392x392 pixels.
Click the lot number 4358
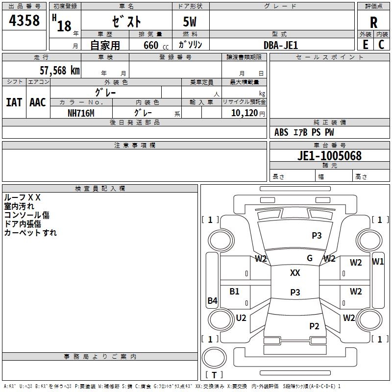tap(24, 21)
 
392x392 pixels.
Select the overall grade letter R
tap(373, 22)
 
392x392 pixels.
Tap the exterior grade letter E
tap(365, 44)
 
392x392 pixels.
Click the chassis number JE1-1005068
tap(330, 156)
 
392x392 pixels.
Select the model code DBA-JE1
tap(281, 45)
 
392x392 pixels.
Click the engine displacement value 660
tap(150, 45)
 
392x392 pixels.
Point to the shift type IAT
tap(14, 102)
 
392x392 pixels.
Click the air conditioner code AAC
tap(38, 102)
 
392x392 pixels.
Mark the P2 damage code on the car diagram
tap(314, 326)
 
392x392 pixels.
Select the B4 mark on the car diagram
tap(212, 301)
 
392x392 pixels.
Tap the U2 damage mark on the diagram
tap(241, 318)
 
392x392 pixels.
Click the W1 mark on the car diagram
tap(378, 261)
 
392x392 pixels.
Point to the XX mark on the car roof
tap(295, 273)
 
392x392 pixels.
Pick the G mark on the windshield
tap(309, 258)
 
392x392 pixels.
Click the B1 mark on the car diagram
tap(235, 291)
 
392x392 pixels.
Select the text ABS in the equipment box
tap(281, 132)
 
